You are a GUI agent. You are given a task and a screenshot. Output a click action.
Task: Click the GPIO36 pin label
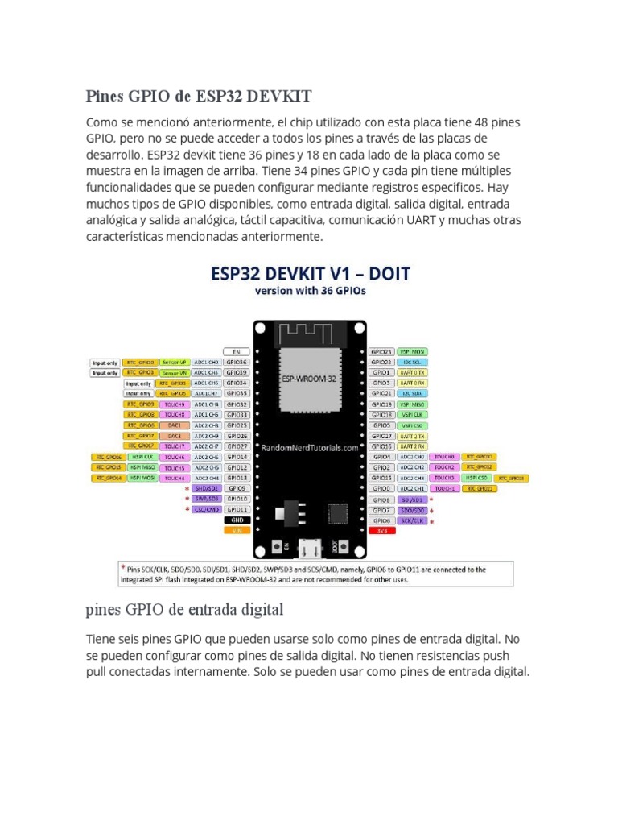tap(237, 363)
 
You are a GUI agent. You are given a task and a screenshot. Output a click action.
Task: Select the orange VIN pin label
tap(237, 530)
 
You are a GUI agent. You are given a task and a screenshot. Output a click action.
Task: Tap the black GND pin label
tap(237, 520)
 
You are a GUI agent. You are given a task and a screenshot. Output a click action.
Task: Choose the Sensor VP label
tap(175, 363)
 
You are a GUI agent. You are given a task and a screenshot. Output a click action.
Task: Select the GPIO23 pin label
tap(381, 352)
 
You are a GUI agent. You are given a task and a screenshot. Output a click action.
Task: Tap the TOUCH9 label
tap(175, 404)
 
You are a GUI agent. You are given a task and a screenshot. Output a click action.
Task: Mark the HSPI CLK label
tap(143, 456)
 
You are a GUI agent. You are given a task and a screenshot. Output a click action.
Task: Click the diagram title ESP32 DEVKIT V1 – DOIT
tap(310, 274)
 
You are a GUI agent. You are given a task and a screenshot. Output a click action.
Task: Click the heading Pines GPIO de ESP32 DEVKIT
tap(198, 97)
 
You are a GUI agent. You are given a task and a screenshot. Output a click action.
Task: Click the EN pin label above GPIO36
tap(237, 352)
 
